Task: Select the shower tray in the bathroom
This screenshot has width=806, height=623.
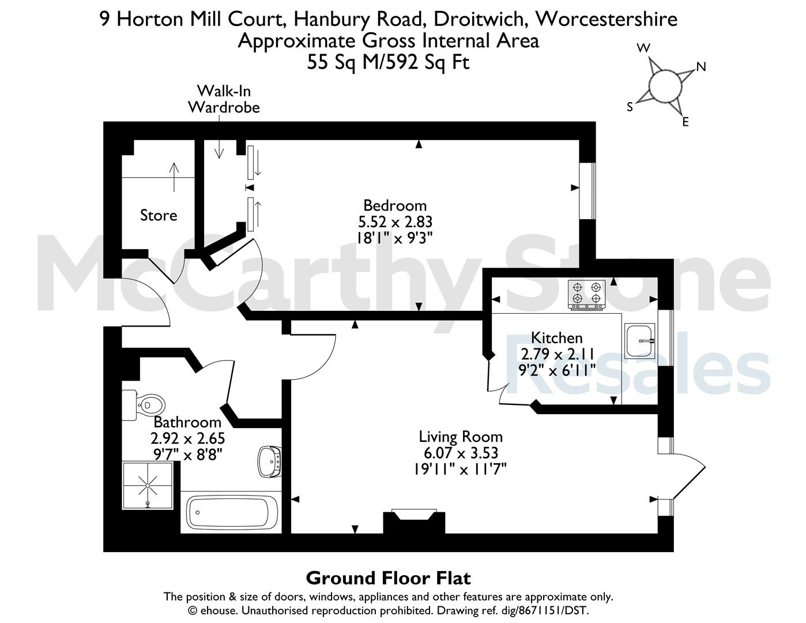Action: (148, 486)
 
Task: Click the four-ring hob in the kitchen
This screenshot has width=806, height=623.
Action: (587, 295)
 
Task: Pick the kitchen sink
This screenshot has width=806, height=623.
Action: (640, 340)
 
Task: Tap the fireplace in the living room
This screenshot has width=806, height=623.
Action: (414, 521)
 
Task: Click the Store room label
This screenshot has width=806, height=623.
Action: (159, 215)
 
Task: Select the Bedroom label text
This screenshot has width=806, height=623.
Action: (395, 205)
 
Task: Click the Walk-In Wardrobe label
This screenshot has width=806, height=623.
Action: (224, 99)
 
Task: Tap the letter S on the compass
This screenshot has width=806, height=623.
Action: (630, 107)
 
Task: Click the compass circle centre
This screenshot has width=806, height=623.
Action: (666, 87)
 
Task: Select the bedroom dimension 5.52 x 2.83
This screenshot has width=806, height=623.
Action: (395, 222)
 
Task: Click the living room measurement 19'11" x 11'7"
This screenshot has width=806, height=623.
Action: (460, 470)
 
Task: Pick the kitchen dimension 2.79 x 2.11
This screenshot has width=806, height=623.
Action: (558, 354)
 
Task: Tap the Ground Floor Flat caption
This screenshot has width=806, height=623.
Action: (389, 578)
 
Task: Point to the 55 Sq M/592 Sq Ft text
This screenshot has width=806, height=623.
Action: (389, 62)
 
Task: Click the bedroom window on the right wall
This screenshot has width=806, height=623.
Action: (587, 191)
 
